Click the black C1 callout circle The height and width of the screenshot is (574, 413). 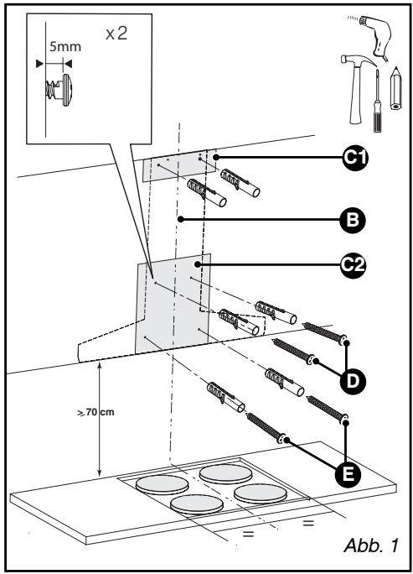355,158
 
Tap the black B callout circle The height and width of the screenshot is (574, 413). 353,220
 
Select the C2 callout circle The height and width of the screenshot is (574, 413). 353,264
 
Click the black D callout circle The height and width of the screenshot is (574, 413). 353,381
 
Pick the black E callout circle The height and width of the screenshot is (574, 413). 348,475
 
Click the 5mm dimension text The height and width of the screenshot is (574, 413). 65,47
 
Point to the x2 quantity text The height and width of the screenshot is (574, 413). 116,34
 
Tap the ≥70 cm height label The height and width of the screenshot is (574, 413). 96,412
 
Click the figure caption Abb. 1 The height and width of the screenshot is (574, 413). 370,545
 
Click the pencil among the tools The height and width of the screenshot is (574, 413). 395,88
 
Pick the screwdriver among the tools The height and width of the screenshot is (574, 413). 377,101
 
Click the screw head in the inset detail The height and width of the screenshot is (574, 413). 67,90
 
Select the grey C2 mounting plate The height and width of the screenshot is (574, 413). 173,303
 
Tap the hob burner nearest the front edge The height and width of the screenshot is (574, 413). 197,504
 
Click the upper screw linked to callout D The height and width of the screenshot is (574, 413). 324,333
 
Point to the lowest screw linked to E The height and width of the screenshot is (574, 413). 266,427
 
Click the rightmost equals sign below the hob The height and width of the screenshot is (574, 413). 308,523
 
